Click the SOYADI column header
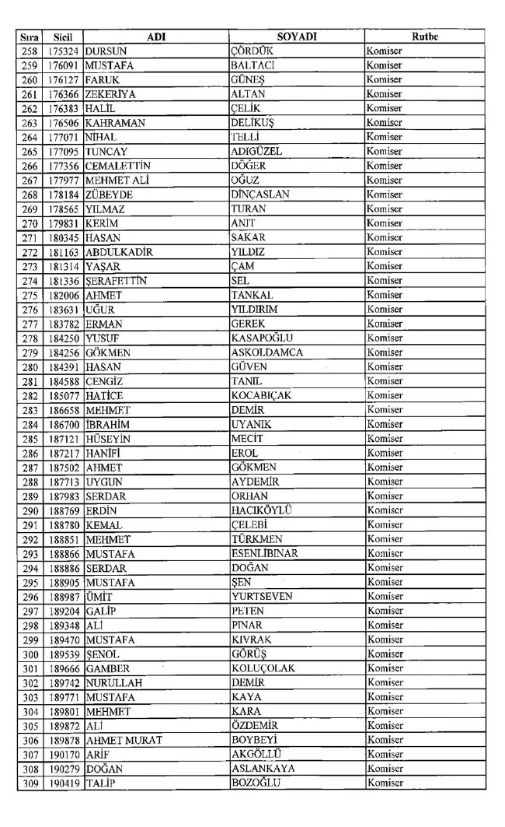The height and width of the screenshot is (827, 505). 296,37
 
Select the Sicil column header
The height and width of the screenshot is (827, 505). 58,37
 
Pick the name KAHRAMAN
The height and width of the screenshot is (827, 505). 115,122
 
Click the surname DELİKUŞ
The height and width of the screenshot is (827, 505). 253,122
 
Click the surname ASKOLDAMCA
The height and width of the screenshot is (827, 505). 267,352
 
